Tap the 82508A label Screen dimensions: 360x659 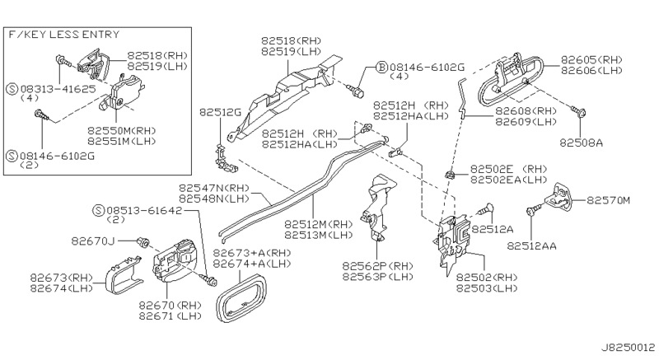coord(582,142)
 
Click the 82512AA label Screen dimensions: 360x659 coord(530,244)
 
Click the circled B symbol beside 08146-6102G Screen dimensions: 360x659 coord(381,66)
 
